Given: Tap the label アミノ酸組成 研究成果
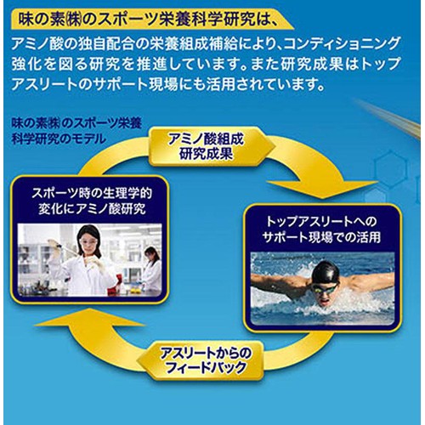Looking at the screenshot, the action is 206,146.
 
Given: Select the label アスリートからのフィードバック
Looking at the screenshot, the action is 206,360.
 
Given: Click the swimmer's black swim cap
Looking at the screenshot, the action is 326,272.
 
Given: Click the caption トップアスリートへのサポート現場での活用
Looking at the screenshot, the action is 321,229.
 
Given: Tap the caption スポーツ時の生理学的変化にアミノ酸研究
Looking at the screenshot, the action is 92,201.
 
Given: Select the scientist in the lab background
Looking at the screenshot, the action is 150,269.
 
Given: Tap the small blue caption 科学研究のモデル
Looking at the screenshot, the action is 58,139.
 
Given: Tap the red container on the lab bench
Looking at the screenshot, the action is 113,286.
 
